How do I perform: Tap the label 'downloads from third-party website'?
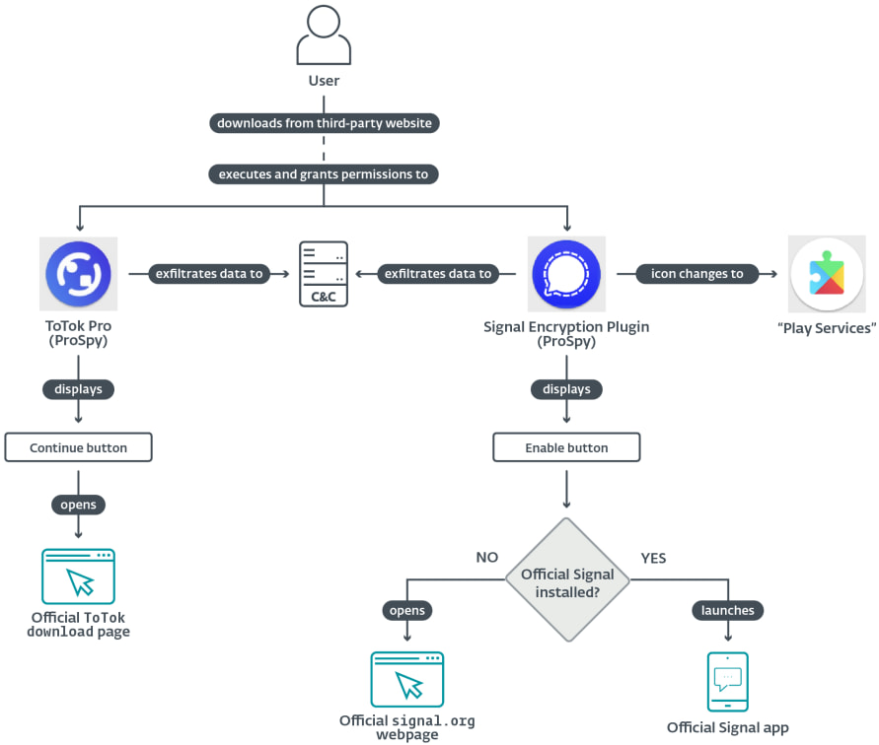click(325, 123)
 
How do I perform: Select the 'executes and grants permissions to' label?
click(325, 173)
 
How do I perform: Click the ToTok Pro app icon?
click(78, 274)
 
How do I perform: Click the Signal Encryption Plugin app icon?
click(566, 274)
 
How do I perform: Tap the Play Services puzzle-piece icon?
click(827, 274)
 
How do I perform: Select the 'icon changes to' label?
click(697, 274)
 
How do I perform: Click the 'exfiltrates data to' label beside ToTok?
click(209, 274)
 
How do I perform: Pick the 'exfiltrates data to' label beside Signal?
click(438, 274)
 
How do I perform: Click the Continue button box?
click(78, 447)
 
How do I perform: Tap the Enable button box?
click(566, 447)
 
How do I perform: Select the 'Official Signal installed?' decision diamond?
click(566, 581)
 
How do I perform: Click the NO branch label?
click(487, 558)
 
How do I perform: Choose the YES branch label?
click(653, 558)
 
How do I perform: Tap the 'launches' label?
click(728, 611)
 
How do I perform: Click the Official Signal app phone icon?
click(728, 682)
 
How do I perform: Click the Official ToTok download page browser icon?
click(78, 576)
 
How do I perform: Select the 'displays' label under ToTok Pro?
click(78, 389)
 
